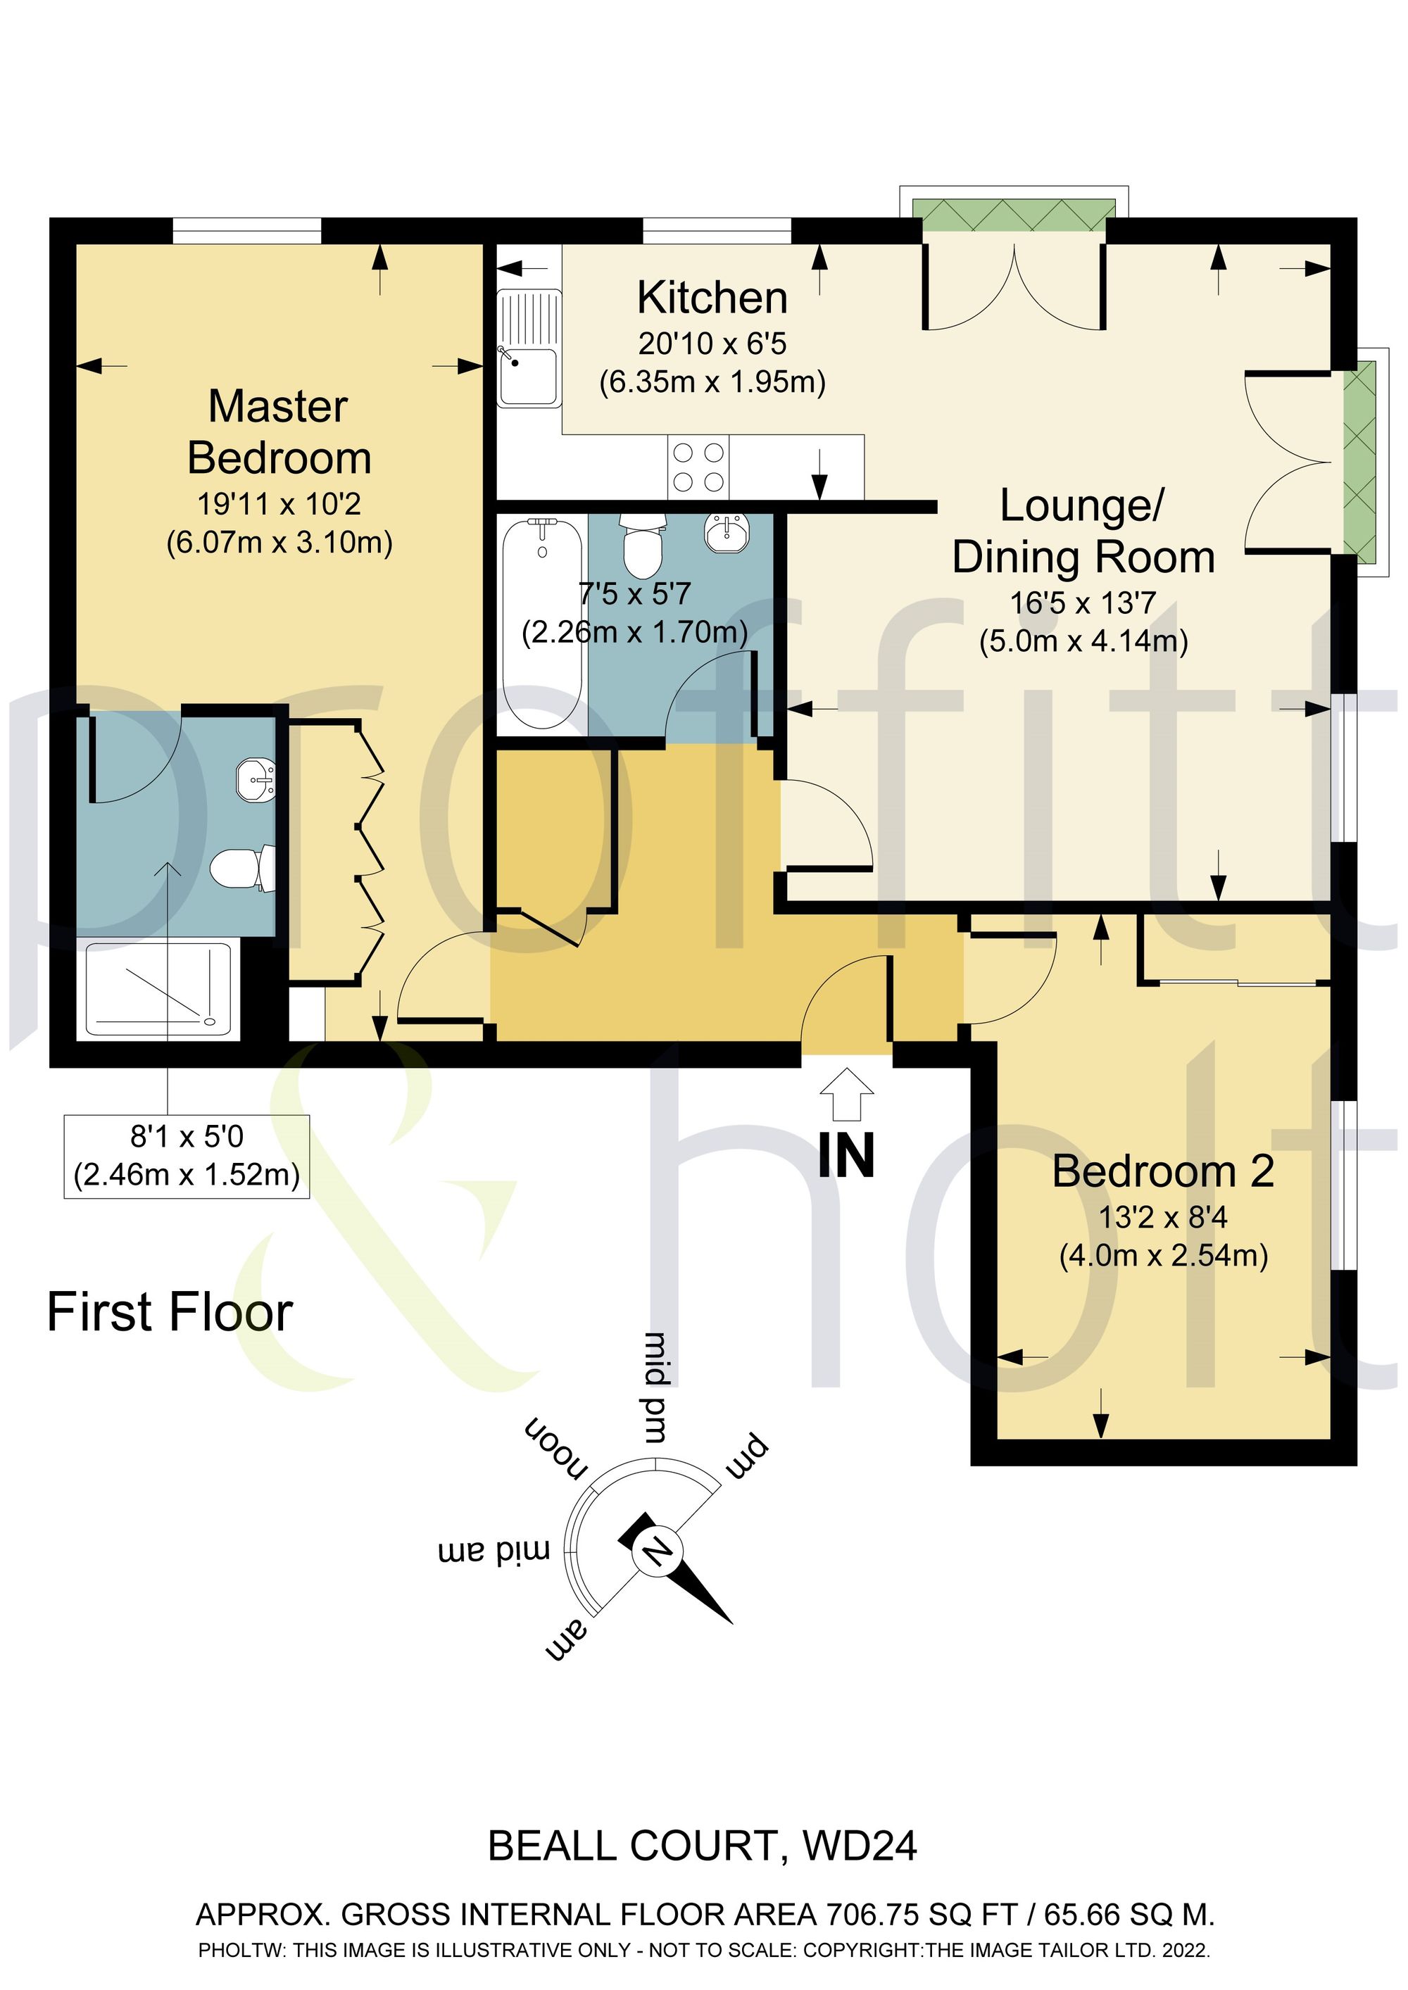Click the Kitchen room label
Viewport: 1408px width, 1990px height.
point(712,298)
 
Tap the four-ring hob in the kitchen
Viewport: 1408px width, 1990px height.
point(698,467)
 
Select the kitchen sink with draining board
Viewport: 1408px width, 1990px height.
point(529,348)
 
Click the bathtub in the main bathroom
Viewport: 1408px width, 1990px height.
point(542,623)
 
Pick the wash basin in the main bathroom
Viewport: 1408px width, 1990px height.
point(727,531)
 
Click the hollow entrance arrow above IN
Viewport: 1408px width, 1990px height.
point(846,1095)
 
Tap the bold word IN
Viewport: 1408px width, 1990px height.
point(846,1154)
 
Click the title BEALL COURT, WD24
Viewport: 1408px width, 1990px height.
point(703,1846)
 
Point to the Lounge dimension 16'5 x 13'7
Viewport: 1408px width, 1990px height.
point(1083,603)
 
